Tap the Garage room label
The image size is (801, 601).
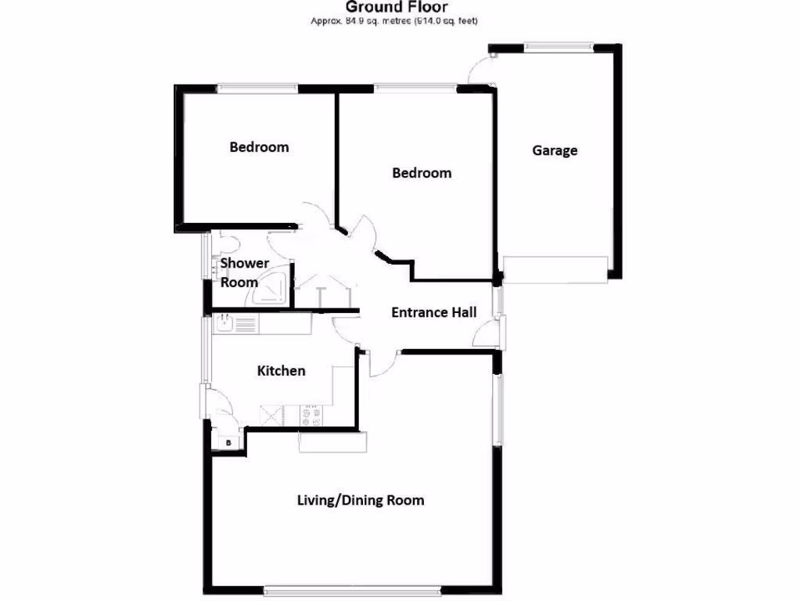click(x=555, y=150)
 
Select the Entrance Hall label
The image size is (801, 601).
click(x=433, y=312)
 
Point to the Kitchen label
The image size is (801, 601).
click(x=281, y=370)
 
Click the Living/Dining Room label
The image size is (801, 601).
click(x=361, y=500)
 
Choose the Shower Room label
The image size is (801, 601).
click(x=244, y=272)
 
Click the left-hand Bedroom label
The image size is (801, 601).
click(x=259, y=147)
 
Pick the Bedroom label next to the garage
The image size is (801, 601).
click(x=422, y=172)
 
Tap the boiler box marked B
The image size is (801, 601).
click(x=228, y=443)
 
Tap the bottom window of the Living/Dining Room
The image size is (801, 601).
click(x=352, y=589)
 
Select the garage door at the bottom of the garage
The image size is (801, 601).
click(x=555, y=268)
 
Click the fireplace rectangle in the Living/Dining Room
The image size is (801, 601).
click(x=332, y=443)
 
